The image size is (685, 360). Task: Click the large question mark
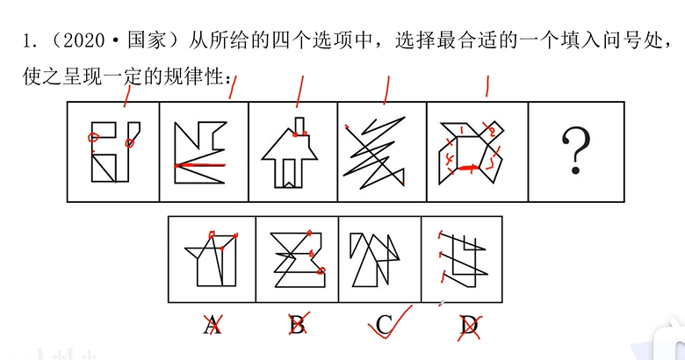pyautogui.click(x=575, y=151)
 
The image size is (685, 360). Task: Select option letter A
pyautogui.click(x=212, y=325)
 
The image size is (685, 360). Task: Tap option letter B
pyautogui.click(x=297, y=325)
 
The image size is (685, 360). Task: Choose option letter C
pyautogui.click(x=384, y=325)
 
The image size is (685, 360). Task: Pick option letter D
pyautogui.click(x=468, y=326)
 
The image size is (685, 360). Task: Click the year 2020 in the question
pyautogui.click(x=84, y=40)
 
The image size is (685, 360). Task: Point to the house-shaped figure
pyautogui.click(x=289, y=153)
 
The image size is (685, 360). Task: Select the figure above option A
pyautogui.click(x=212, y=260)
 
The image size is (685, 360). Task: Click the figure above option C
pyautogui.click(x=375, y=260)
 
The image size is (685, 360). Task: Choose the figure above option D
pyautogui.click(x=463, y=260)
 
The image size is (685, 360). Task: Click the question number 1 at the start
pyautogui.click(x=28, y=41)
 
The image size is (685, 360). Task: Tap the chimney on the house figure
pyautogui.click(x=299, y=126)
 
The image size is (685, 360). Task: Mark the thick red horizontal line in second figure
pyautogui.click(x=200, y=165)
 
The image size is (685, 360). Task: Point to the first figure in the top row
pyautogui.click(x=116, y=152)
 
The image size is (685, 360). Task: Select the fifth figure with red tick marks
pyautogui.click(x=472, y=153)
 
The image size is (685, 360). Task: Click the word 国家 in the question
pyautogui.click(x=147, y=40)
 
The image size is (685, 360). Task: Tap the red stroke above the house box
pyautogui.click(x=299, y=91)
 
